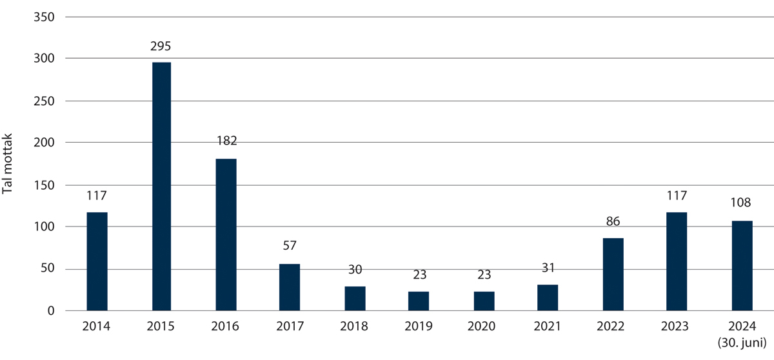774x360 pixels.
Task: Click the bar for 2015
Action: click(x=161, y=186)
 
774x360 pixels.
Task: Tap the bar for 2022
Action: click(x=613, y=274)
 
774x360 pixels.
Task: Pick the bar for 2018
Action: click(x=355, y=298)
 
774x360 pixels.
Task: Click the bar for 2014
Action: click(x=97, y=261)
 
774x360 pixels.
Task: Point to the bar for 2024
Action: click(x=742, y=265)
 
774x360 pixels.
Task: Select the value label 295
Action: click(x=161, y=47)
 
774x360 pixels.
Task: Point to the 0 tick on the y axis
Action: click(x=51, y=311)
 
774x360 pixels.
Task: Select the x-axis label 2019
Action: click(x=419, y=326)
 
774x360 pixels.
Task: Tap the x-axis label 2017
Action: click(x=290, y=326)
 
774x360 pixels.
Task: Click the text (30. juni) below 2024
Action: click(x=742, y=342)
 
